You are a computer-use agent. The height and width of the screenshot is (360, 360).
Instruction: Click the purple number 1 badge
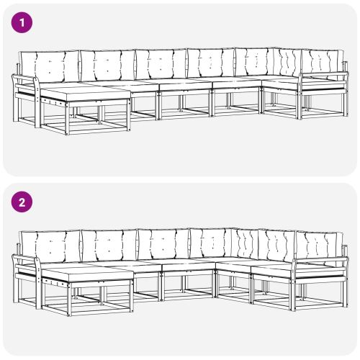click(24, 23)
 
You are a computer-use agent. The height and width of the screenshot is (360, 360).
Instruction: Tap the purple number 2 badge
click(24, 202)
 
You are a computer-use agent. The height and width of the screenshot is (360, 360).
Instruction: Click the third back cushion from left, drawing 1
click(160, 65)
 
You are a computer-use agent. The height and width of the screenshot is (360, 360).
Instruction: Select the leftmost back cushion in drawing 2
click(50, 247)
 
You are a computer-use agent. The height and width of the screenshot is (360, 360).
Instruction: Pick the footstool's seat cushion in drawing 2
click(86, 274)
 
